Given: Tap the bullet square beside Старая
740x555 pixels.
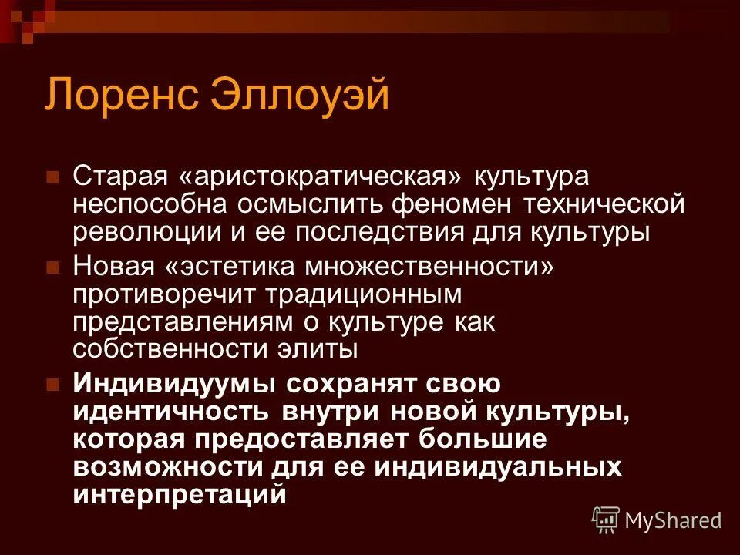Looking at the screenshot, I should pos(53,177).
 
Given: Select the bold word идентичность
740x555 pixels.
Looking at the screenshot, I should pos(171,411).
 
